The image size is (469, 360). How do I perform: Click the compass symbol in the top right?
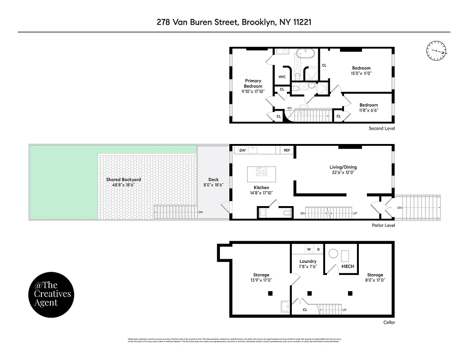pyautogui.click(x=435, y=50)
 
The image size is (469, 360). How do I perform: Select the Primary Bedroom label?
pyautogui.click(x=253, y=84)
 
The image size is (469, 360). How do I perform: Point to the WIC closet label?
pyautogui.click(x=282, y=76)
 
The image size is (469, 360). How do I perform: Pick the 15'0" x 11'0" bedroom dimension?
pyautogui.click(x=361, y=73)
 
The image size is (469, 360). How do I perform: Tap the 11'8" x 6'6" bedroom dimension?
pyautogui.click(x=368, y=110)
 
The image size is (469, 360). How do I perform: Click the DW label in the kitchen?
pyautogui.click(x=242, y=150)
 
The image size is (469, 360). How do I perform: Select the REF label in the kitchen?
pyautogui.click(x=286, y=150)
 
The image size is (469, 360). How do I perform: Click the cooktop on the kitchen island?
pyautogui.click(x=261, y=171)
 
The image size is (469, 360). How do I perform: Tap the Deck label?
pyautogui.click(x=213, y=180)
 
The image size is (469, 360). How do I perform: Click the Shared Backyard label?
pyautogui.click(x=123, y=180)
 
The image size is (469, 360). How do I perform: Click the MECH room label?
pyautogui.click(x=348, y=266)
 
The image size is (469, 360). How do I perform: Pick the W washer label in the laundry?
pyautogui.click(x=309, y=249)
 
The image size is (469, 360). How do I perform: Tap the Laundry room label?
pyautogui.click(x=308, y=261)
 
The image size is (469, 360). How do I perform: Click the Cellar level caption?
pyautogui.click(x=389, y=322)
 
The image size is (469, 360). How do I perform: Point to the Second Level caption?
pyautogui.click(x=381, y=128)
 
